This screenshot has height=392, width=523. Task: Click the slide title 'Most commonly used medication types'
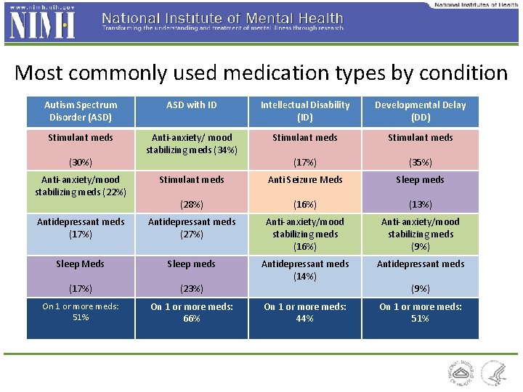pos(261,73)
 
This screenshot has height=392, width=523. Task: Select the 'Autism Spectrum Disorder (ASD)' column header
pos(80,111)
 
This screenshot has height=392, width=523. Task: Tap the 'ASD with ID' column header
pos(191,105)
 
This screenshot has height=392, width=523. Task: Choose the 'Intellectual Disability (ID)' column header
pos(304,111)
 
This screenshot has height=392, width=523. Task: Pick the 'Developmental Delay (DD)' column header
pos(420,111)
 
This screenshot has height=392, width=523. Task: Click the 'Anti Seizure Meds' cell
pos(304,180)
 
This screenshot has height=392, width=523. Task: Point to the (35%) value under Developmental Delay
pos(420,163)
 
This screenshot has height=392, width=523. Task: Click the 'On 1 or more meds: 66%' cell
pos(191,313)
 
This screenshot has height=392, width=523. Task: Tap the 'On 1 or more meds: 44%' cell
pos(304,313)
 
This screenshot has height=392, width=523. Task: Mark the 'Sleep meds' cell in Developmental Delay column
pos(420,180)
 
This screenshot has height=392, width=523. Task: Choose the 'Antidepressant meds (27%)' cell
pos(191,228)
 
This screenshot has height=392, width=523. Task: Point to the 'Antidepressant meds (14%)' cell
pos(304,270)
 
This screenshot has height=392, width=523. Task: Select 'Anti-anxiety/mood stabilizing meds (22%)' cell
pos(80,186)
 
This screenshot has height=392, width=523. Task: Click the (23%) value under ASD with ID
pos(191,288)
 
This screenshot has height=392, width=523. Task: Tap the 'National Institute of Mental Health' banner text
pos(222,17)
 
